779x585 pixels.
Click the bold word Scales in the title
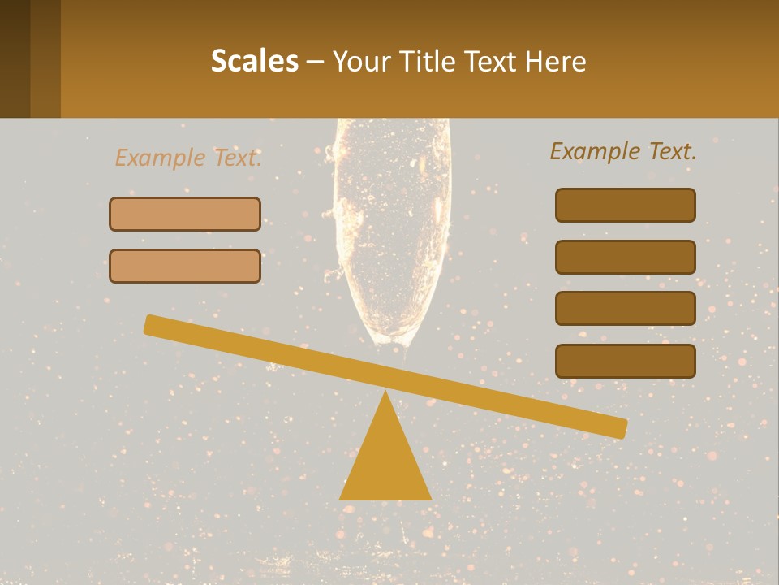[x=254, y=62]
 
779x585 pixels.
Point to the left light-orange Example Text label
[x=188, y=158]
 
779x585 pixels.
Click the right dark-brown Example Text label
[x=623, y=151]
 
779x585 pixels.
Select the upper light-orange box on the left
[x=185, y=214]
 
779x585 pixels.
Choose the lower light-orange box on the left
[x=185, y=266]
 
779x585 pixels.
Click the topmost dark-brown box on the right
[x=625, y=205]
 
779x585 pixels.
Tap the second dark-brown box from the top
[x=625, y=257]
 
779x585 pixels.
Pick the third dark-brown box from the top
[x=625, y=308]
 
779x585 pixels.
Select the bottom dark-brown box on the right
[x=625, y=361]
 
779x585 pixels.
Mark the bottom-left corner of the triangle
[x=341, y=498]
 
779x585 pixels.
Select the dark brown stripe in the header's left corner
[x=15, y=58]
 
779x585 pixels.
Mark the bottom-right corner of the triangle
[x=430, y=498]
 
